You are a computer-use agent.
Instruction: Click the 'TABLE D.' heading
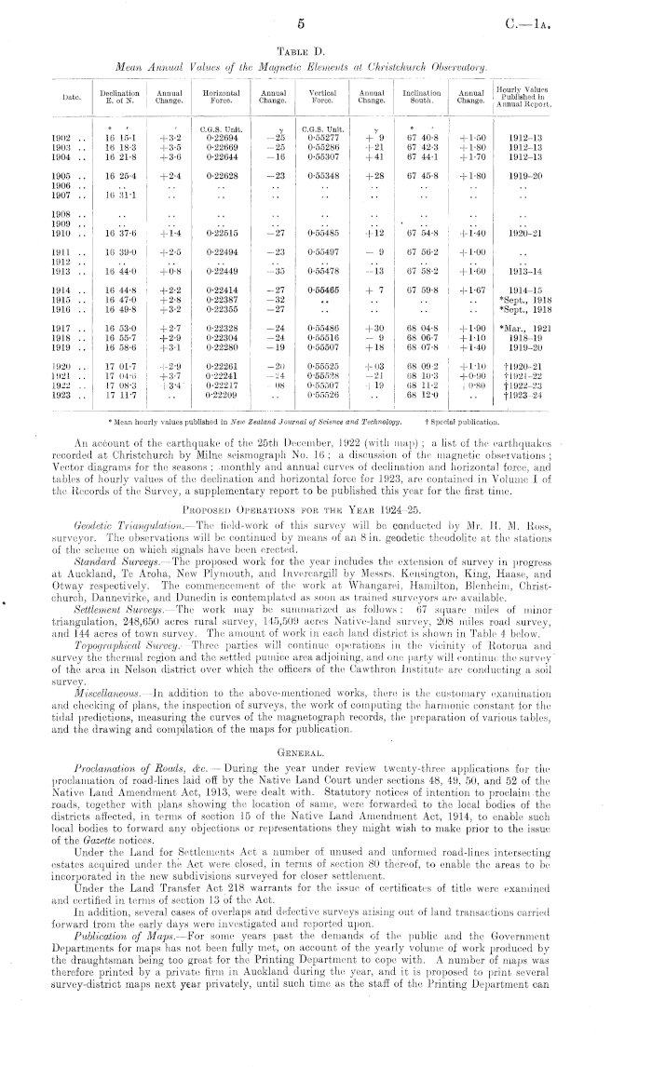point(326,48)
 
